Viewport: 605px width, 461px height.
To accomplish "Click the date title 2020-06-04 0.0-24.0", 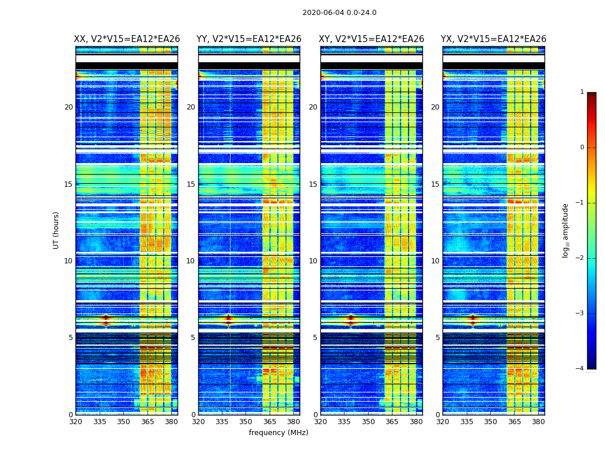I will point(339,13).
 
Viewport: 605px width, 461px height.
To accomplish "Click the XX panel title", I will point(127,39).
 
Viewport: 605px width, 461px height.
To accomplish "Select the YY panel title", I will point(249,39).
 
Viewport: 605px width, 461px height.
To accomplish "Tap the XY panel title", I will point(372,39).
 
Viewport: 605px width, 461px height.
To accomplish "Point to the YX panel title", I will point(493,39).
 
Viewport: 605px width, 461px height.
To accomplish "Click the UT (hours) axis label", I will point(56,230).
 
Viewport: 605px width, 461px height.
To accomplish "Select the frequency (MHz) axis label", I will point(278,433).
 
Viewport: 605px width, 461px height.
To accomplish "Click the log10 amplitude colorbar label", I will point(566,230).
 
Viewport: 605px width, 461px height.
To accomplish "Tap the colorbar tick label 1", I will point(582,92).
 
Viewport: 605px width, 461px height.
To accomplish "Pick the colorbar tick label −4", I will point(581,369).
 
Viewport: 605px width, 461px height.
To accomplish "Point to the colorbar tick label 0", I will point(582,148).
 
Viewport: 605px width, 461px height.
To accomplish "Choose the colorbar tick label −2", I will point(581,258).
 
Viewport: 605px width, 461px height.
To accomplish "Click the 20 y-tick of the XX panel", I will point(69,107).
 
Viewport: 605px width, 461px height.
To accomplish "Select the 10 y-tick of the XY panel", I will point(313,261).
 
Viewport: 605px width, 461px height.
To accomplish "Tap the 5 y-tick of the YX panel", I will point(437,338).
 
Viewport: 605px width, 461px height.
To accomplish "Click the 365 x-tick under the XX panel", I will point(148,421).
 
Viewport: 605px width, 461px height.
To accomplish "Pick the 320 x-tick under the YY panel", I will point(199,421).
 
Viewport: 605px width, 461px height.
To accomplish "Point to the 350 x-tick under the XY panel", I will point(368,421).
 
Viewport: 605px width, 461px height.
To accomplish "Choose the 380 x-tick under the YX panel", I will point(538,421).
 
